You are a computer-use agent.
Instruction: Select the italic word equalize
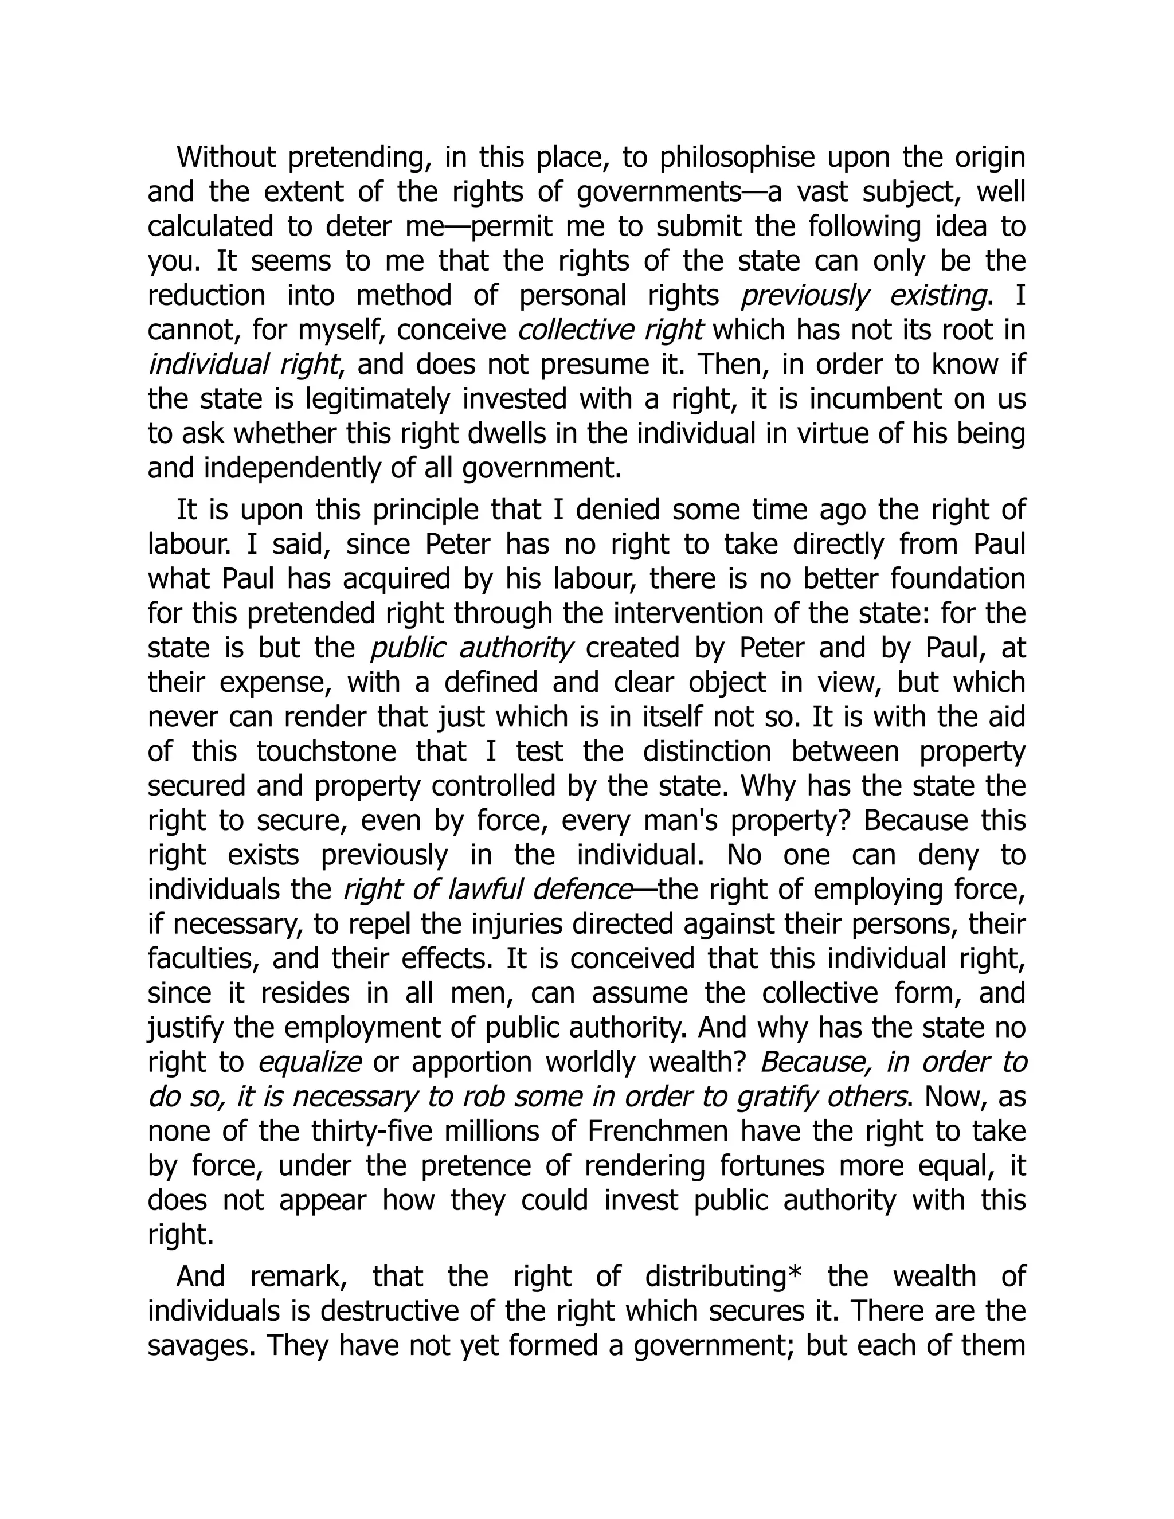click(310, 1062)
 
